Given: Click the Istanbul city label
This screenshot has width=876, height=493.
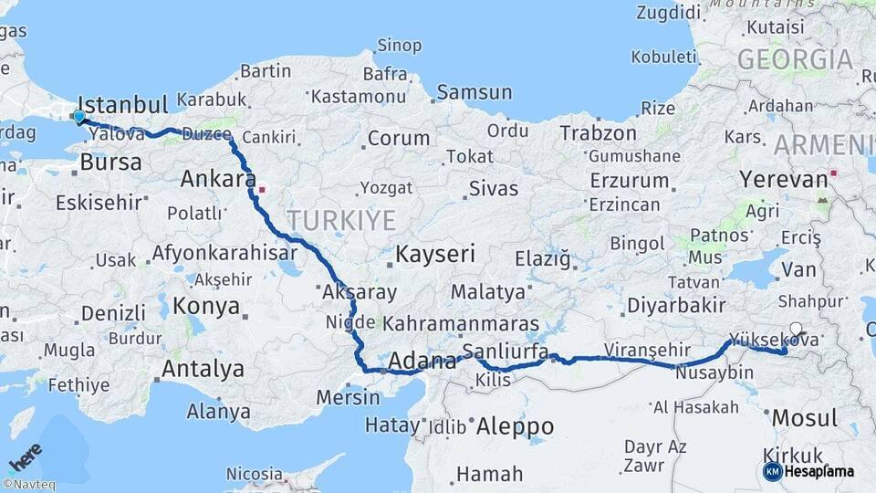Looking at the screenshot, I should [x=123, y=103].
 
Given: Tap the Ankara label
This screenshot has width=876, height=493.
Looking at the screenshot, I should [x=217, y=179].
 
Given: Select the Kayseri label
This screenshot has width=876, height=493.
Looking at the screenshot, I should [x=435, y=254].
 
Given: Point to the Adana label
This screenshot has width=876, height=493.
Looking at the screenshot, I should [x=422, y=362].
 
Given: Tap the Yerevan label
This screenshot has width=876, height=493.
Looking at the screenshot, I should [x=783, y=179].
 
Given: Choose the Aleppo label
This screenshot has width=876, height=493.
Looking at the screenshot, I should [x=515, y=426].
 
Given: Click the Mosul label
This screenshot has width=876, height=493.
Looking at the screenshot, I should [x=804, y=419].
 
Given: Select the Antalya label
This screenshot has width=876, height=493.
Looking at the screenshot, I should [x=203, y=369].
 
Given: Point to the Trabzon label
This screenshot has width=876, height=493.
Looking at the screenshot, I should [x=598, y=133].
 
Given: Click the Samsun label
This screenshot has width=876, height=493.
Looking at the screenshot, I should [x=474, y=92].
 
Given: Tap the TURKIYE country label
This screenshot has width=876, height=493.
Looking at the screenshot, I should [x=341, y=220].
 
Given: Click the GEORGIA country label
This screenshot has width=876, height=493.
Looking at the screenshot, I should [x=795, y=60].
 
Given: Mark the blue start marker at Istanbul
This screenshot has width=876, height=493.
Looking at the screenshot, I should [x=79, y=117].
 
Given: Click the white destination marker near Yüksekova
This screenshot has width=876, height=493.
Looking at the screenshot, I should [x=796, y=330].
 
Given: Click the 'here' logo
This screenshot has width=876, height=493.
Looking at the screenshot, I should [x=26, y=455].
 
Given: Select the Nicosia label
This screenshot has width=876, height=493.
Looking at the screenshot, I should [x=254, y=474].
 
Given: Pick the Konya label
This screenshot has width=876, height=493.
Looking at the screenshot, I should [x=206, y=305].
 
